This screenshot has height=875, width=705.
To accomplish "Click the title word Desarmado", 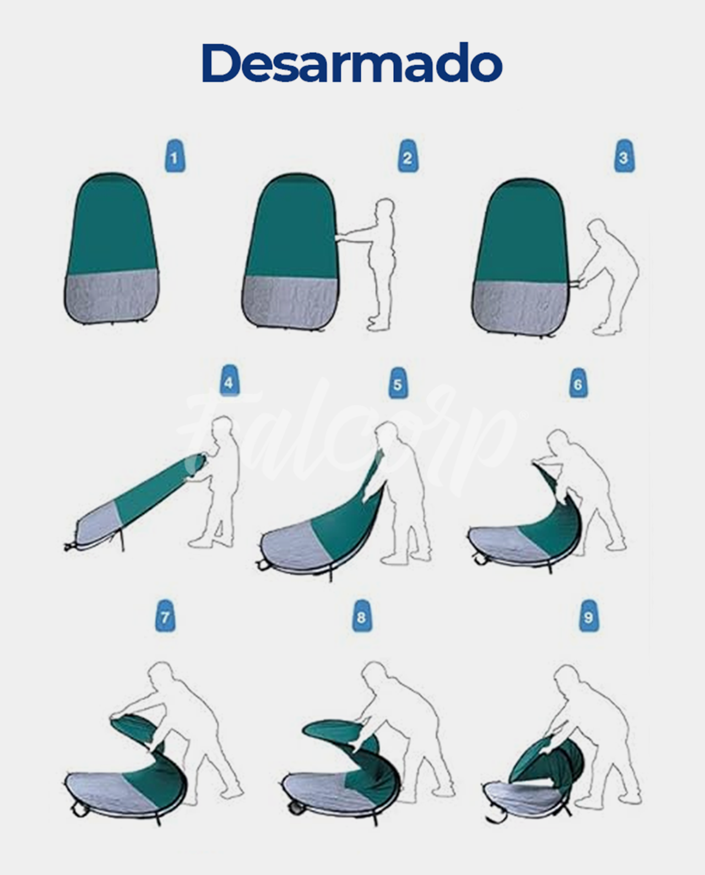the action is pyautogui.click(x=352, y=63).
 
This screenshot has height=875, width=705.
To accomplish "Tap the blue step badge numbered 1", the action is pyautogui.click(x=175, y=156).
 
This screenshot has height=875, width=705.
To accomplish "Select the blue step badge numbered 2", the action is pyautogui.click(x=408, y=156).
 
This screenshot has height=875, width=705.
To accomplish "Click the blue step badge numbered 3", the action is pyautogui.click(x=624, y=156).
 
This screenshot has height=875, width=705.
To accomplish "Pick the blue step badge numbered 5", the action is pyautogui.click(x=398, y=382).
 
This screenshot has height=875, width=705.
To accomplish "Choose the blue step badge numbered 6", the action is pyautogui.click(x=578, y=382).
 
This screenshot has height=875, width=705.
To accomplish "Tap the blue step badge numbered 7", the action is pyautogui.click(x=165, y=615).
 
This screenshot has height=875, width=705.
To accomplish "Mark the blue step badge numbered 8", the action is pyautogui.click(x=362, y=615).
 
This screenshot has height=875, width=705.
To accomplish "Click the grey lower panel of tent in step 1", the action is pyautogui.click(x=112, y=296).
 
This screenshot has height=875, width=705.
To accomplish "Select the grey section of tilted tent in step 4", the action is pyautogui.click(x=97, y=524).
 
